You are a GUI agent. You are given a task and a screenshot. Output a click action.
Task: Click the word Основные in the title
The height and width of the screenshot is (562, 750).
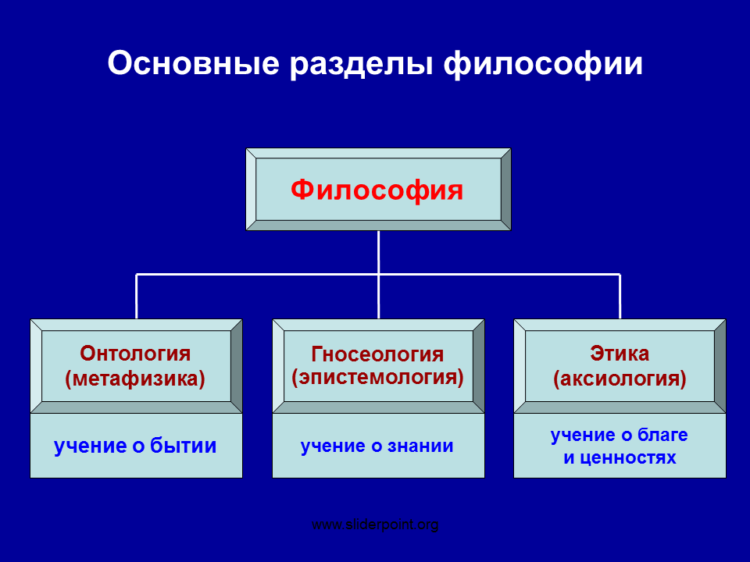click(x=193, y=63)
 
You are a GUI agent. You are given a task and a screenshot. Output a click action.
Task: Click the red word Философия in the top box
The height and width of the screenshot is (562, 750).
click(x=377, y=190)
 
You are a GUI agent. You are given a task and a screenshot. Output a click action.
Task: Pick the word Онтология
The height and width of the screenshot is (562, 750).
click(x=135, y=354)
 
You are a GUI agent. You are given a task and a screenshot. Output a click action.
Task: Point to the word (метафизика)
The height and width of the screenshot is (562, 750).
click(x=135, y=379)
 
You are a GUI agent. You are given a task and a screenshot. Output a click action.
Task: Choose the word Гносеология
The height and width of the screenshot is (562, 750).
click(x=377, y=354)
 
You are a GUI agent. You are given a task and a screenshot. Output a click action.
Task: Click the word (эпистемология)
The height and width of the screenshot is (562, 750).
click(x=378, y=378)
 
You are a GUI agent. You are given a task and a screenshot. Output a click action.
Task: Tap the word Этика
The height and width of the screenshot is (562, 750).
click(x=620, y=354)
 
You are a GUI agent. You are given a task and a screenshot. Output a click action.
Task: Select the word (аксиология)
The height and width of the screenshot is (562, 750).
click(x=620, y=379)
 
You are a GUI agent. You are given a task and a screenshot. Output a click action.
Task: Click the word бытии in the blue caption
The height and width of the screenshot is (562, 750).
click(x=183, y=446)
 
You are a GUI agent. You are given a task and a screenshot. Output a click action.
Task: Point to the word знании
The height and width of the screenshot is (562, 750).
click(x=420, y=446)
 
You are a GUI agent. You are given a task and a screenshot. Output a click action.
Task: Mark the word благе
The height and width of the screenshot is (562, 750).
click(x=662, y=435)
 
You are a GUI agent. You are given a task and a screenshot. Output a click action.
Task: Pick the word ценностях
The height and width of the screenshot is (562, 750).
click(x=628, y=458)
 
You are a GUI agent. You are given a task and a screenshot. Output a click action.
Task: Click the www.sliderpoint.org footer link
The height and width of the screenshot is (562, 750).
click(x=375, y=525)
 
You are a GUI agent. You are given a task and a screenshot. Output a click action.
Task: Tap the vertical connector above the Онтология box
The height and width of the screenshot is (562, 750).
click(x=136, y=297)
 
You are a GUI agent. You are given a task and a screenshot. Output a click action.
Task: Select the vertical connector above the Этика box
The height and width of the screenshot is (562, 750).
click(x=620, y=297)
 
